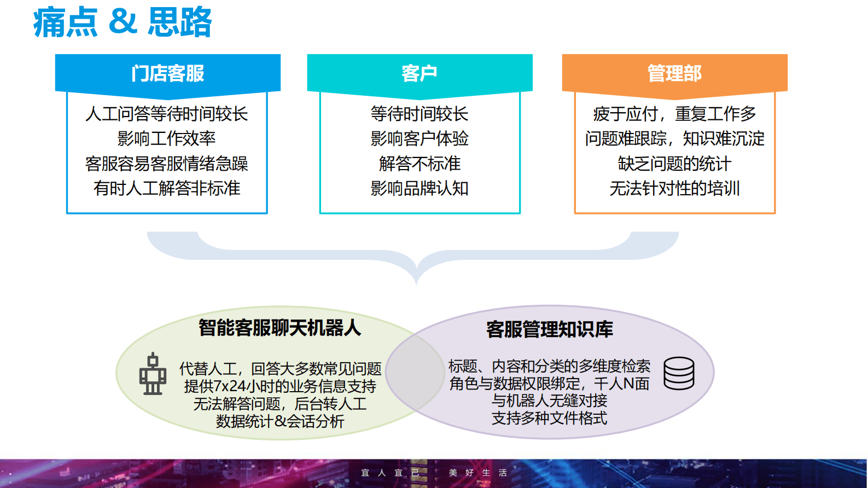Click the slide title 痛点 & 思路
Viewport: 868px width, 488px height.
[123, 22]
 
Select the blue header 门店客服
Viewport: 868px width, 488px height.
[167, 73]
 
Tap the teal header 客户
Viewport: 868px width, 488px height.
[420, 73]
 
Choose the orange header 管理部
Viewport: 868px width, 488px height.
[674, 73]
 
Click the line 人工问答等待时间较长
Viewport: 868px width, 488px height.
[167, 114]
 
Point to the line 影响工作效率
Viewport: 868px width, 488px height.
[167, 138]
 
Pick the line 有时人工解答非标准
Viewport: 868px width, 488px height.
[167, 188]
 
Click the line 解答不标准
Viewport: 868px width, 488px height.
[420, 164]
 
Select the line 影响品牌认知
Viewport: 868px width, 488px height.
[420, 188]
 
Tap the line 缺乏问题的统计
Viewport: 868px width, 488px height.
[674, 164]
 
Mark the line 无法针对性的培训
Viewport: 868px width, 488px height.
[674, 188]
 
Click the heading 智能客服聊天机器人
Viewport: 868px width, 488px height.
[279, 328]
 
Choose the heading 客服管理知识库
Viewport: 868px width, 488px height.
[549, 329]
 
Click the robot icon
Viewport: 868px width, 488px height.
[153, 374]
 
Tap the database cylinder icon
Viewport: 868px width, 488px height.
[679, 373]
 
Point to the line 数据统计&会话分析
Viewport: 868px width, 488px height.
[279, 421]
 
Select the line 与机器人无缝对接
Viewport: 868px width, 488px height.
[549, 400]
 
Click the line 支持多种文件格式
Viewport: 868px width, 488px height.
[549, 418]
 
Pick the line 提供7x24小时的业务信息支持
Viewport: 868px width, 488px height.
[279, 386]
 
